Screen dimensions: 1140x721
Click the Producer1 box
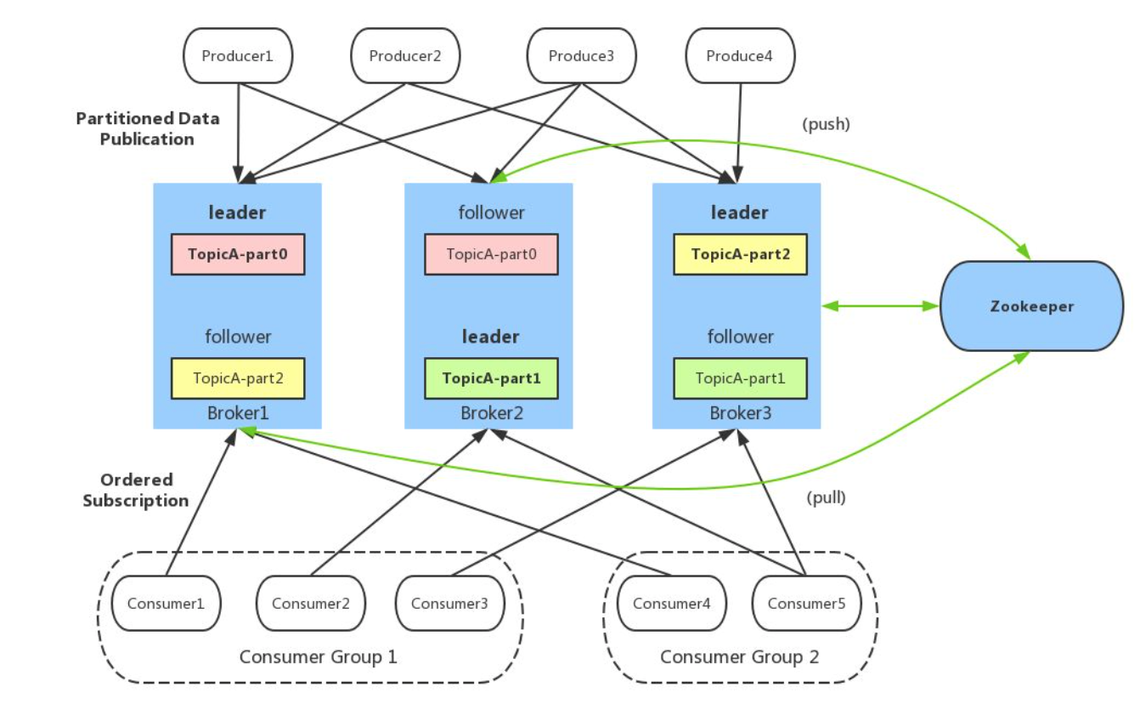[x=238, y=55]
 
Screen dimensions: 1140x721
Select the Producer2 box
[x=405, y=55]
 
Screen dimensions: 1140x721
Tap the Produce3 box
[x=581, y=55]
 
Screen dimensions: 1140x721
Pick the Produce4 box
[x=740, y=55]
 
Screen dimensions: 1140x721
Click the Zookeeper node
[x=1031, y=306]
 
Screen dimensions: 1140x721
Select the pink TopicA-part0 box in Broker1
[x=238, y=254]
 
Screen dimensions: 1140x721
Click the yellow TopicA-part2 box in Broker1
[x=238, y=378]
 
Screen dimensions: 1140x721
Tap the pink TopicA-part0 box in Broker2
[x=491, y=254]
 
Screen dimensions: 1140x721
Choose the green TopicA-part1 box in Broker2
[x=491, y=378]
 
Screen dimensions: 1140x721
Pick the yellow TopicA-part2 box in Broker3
[x=740, y=254]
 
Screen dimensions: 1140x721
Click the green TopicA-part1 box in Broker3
[x=740, y=378]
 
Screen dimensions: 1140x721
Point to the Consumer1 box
[x=166, y=604]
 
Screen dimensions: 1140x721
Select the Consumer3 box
[x=450, y=604]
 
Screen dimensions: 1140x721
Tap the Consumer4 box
[x=672, y=604]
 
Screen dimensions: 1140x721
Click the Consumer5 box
[x=807, y=604]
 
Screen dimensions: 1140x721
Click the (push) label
[x=826, y=124]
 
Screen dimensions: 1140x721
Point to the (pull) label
[x=826, y=497]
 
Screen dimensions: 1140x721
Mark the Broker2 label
[x=492, y=412]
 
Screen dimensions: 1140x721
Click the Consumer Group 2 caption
[x=740, y=656]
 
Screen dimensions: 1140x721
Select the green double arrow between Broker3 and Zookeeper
[x=880, y=306]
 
